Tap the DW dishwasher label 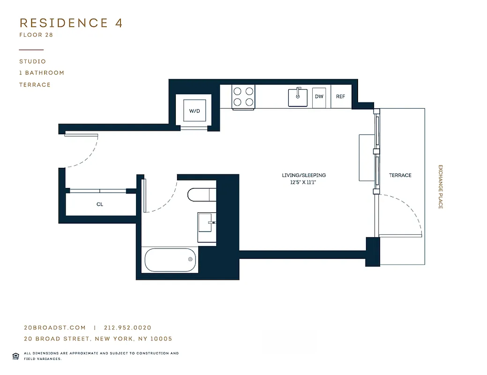pos(319,97)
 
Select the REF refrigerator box pos(341,97)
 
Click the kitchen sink pos(297,97)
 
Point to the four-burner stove pos(244,97)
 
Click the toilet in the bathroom pos(201,194)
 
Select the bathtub pos(171,260)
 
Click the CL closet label pos(100,204)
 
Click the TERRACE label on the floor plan pos(400,175)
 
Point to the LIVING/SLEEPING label pos(304,175)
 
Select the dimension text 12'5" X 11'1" pos(304,183)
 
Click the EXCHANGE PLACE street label pos(440,187)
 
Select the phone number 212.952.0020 pos(128,328)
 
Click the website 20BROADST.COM pos(55,328)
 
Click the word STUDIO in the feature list pos(33,61)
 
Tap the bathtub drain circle pos(190,259)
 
